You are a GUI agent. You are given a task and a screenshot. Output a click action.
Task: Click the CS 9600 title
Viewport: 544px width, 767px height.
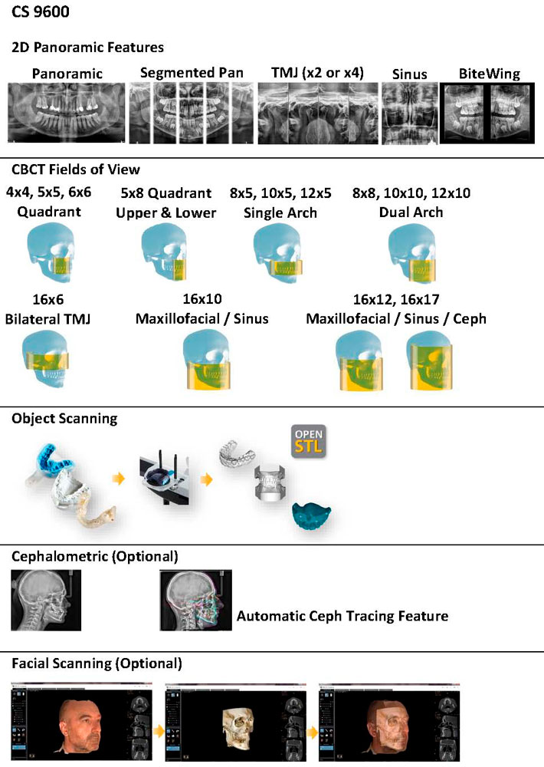38,13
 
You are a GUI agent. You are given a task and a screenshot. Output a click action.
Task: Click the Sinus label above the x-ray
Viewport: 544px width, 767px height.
409,74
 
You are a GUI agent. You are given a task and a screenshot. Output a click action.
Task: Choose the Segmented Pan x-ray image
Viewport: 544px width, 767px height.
192,113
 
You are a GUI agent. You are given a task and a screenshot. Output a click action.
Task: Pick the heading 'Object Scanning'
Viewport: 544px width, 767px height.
64,419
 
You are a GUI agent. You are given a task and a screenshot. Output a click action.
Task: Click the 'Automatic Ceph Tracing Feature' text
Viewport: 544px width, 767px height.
342,616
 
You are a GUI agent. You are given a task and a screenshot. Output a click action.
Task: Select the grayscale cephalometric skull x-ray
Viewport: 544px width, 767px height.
45,600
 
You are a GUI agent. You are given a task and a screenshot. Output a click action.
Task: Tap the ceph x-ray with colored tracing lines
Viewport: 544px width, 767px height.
195,600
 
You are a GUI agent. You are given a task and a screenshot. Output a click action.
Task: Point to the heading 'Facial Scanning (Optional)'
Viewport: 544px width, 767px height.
97,662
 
